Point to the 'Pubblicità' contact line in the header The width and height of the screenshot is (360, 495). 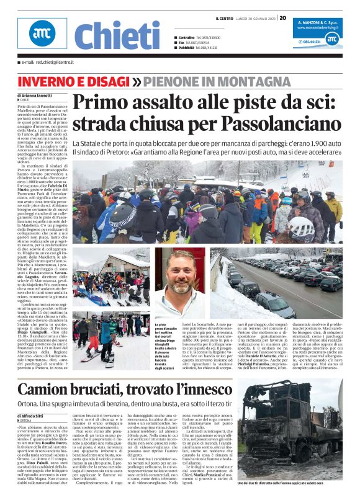click(x=200, y=47)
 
